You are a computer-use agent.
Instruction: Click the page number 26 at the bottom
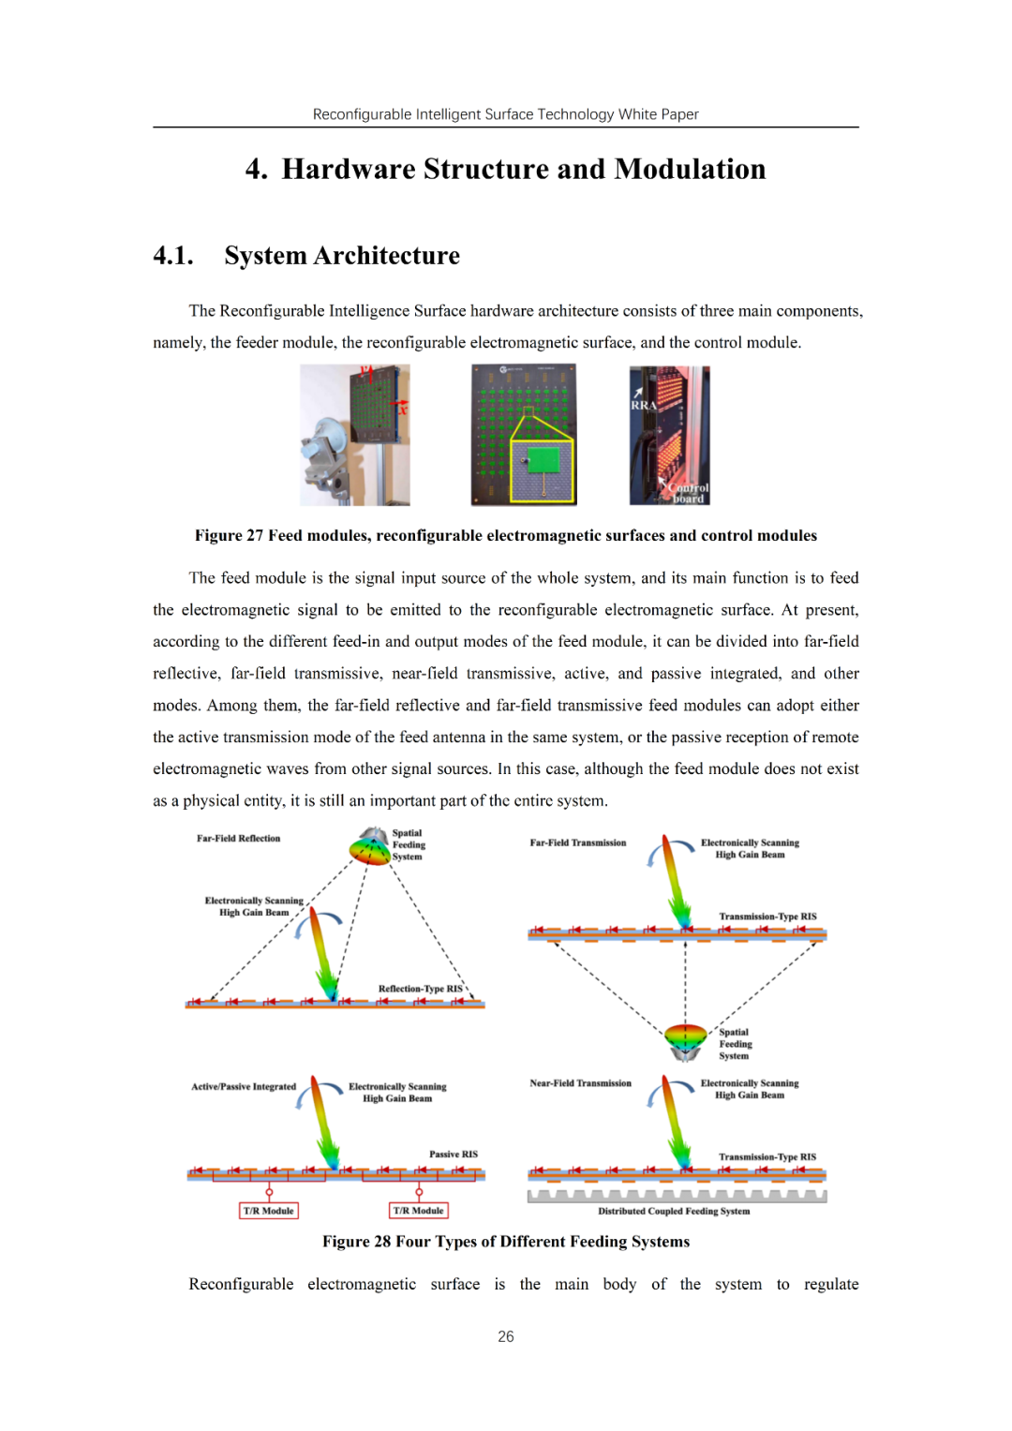[506, 1336]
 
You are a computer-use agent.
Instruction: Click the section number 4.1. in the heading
[173, 256]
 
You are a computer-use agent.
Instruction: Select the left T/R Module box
[269, 1211]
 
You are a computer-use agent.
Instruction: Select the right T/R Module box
[419, 1211]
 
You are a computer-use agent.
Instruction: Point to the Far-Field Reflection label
[238, 839]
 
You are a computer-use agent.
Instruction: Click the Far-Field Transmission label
[578, 842]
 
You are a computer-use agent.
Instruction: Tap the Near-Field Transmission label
[580, 1083]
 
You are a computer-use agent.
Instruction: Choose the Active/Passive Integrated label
[244, 1087]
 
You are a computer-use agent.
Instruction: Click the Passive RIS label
[454, 1155]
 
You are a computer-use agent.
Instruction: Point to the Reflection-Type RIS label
[420, 989]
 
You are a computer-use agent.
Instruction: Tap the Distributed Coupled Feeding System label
[674, 1212]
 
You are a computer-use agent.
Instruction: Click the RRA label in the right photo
[643, 405]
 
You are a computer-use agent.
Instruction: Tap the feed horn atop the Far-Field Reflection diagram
[372, 847]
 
